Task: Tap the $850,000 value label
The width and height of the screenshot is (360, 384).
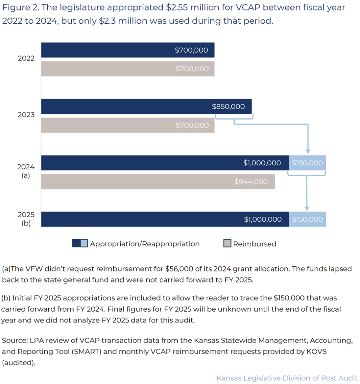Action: tap(228, 106)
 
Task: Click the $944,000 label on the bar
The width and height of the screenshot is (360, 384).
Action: tap(251, 182)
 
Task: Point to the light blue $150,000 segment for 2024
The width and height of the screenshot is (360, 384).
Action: tap(307, 163)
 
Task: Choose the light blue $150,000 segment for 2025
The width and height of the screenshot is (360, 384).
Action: tap(307, 219)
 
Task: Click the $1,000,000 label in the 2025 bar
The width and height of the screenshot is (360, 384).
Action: tap(262, 219)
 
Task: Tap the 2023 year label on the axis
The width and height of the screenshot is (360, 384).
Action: tap(26, 115)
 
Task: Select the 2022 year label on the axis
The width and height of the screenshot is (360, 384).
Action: tap(26, 58)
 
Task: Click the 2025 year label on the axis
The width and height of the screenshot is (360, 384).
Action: tap(26, 215)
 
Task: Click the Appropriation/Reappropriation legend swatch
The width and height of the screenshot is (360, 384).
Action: tap(80, 244)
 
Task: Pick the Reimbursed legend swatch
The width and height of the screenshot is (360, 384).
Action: tap(227, 244)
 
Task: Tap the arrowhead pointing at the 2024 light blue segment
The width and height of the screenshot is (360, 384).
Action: tap(307, 151)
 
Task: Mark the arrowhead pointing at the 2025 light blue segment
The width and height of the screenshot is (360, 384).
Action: tap(307, 208)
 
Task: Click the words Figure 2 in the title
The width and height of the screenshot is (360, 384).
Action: tap(19, 7)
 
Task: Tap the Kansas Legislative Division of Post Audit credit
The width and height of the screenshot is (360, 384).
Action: tap(287, 378)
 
